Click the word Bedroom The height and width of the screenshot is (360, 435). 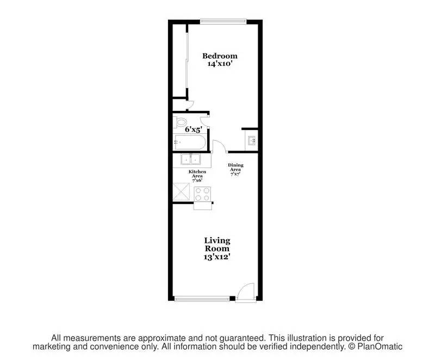[x=220, y=55]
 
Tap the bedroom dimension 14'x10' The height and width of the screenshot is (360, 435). [x=220, y=64]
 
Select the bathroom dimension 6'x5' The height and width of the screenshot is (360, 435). [x=193, y=130]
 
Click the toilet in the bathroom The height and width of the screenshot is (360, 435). [x=180, y=121]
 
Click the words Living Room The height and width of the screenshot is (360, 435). [x=217, y=244]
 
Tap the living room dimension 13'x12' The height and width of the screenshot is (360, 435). [x=217, y=256]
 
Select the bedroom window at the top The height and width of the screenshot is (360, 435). [x=223, y=21]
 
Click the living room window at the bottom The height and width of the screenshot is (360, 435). [x=202, y=298]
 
